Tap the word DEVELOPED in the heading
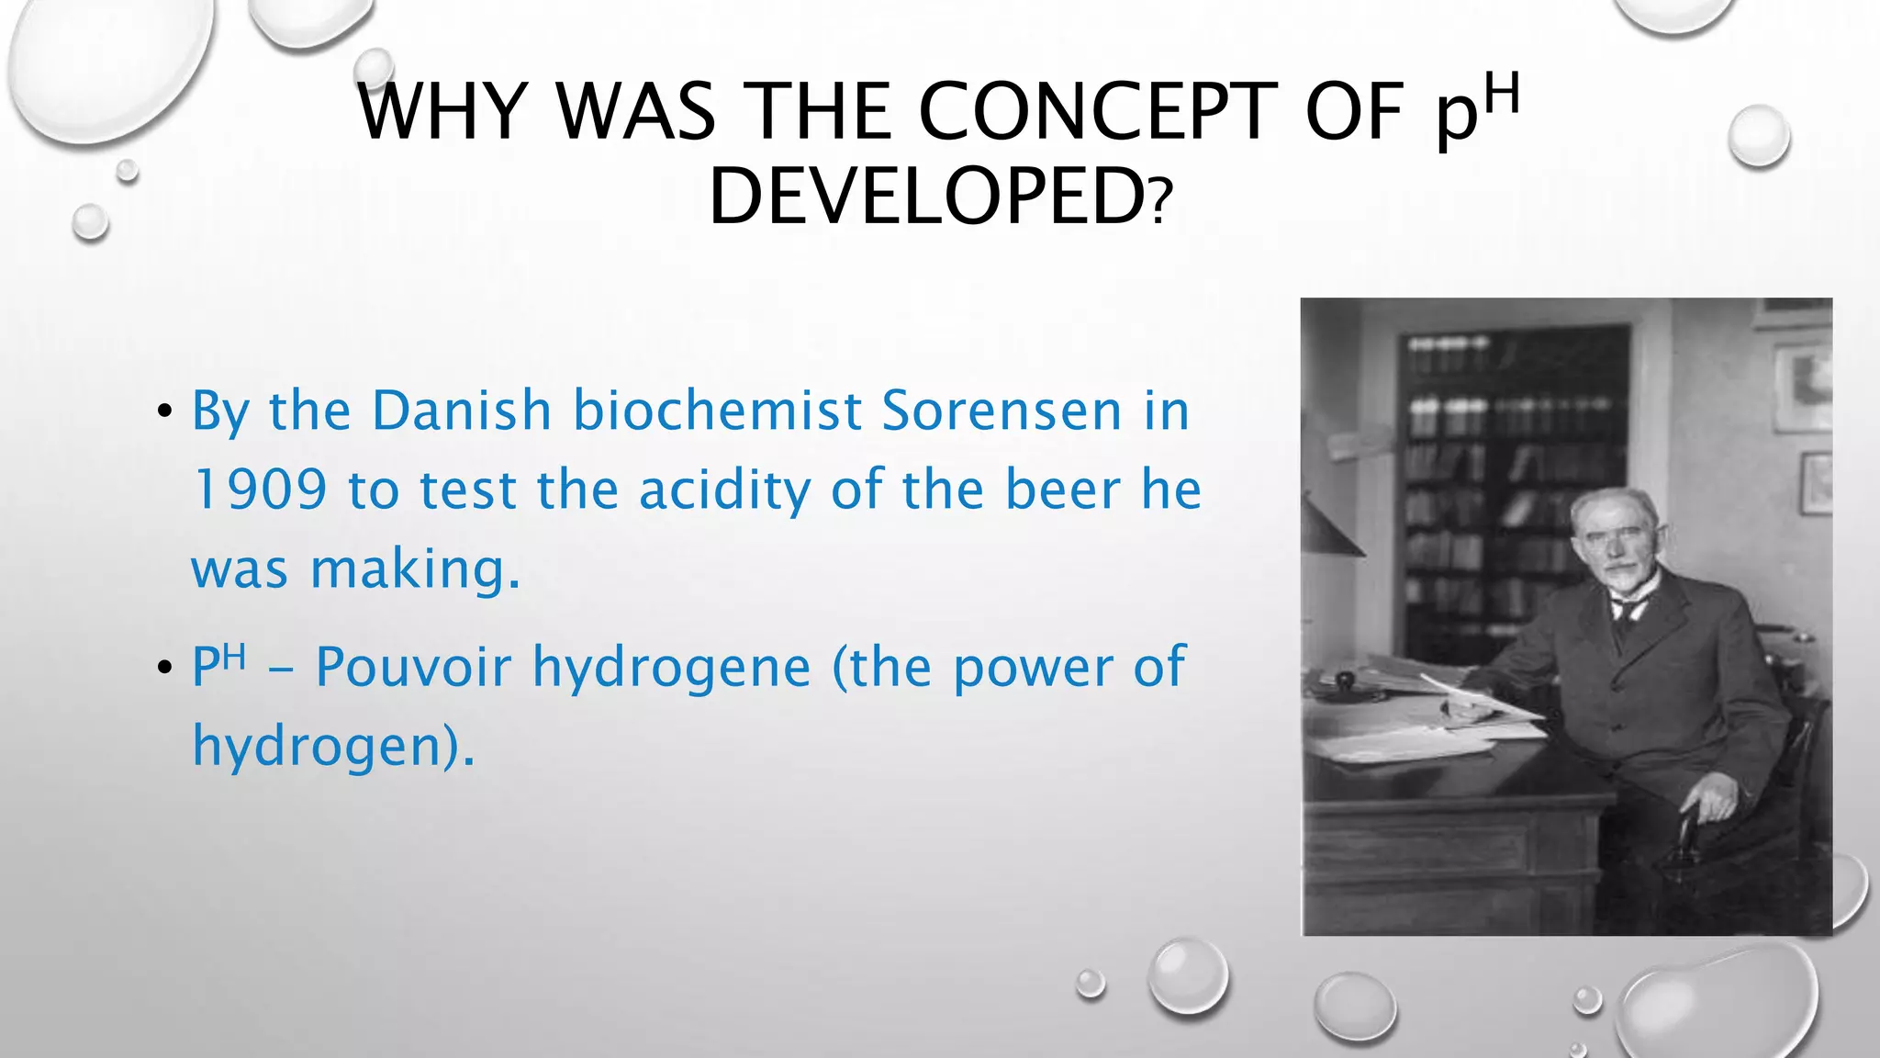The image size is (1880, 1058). (x=927, y=197)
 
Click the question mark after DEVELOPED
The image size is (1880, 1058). (x=1161, y=203)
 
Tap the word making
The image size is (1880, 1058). (x=415, y=569)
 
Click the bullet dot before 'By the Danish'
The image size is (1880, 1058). (x=164, y=411)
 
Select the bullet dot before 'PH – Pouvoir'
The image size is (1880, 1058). (x=164, y=668)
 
